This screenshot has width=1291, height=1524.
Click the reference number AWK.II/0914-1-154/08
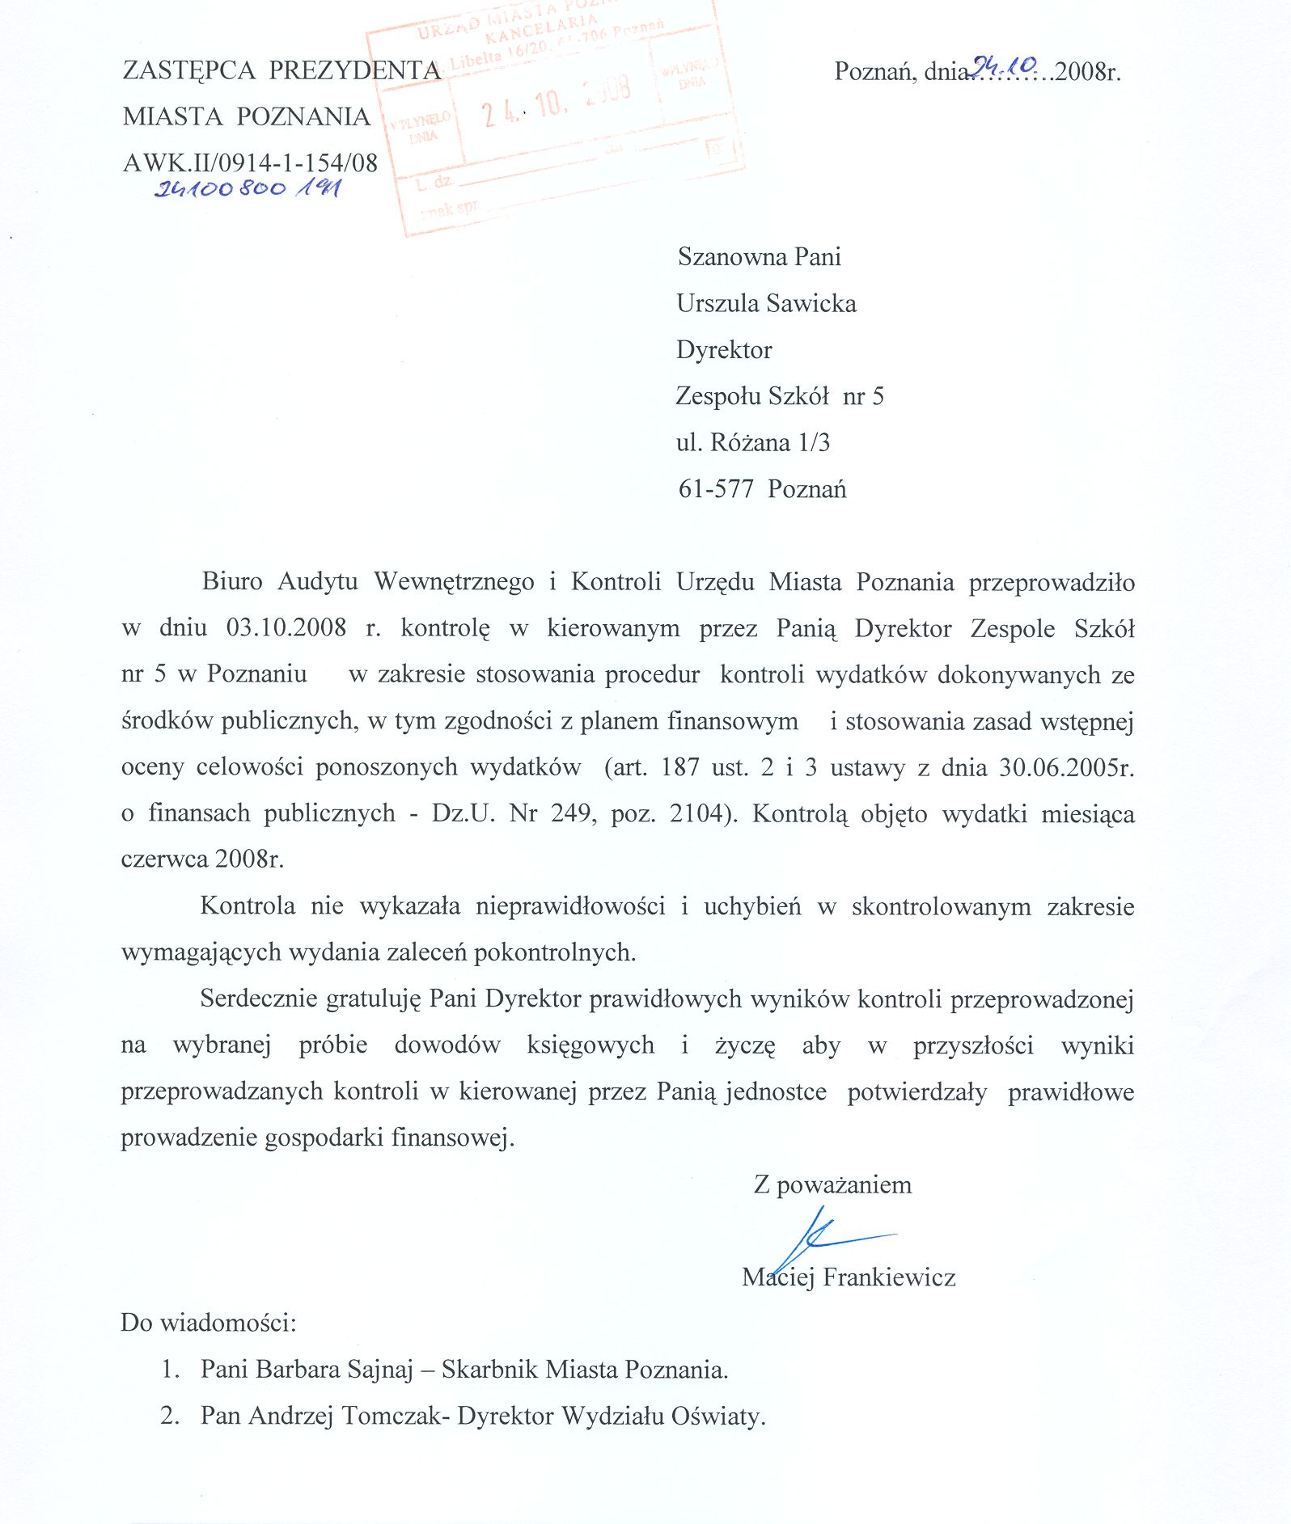250,163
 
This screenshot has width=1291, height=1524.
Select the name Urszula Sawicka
766,304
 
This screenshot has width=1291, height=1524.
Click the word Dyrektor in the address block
724,350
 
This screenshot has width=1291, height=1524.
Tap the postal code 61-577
716,490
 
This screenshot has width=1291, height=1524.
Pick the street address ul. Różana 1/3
753,443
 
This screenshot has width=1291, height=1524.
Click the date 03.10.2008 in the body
286,628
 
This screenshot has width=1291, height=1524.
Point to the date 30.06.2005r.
1067,767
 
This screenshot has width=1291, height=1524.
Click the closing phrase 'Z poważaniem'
832,1185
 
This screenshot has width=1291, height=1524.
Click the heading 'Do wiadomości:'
209,1323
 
